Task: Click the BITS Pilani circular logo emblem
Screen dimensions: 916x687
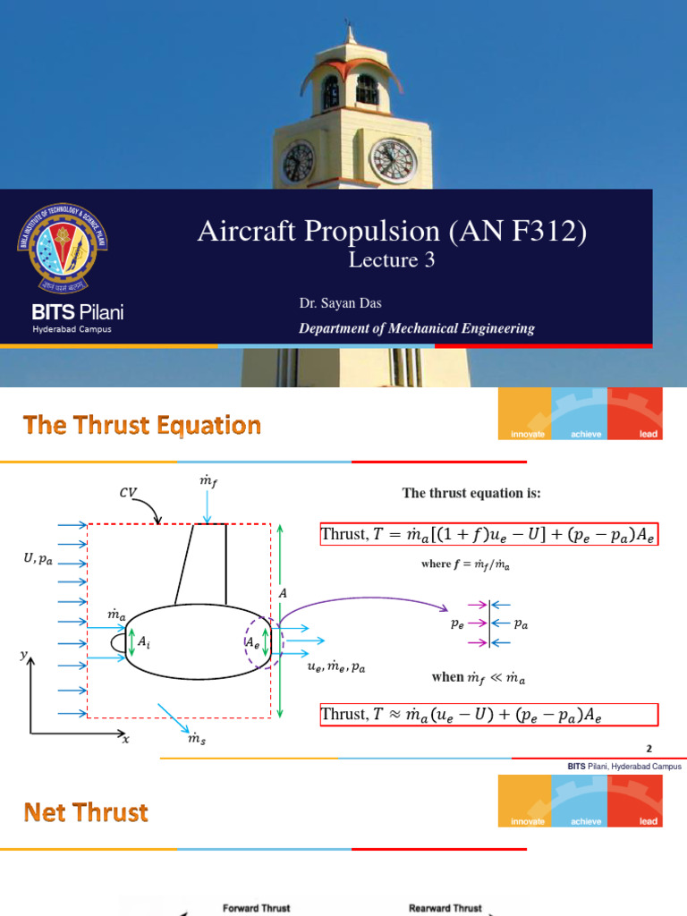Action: tap(62, 250)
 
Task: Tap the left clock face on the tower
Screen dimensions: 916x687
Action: tap(298, 162)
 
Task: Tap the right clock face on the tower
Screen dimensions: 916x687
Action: tap(394, 160)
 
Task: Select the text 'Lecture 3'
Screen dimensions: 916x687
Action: tap(383, 260)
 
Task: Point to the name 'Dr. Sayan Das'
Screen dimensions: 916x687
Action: tap(341, 304)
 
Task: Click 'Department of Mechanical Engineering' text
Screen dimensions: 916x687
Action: tap(416, 328)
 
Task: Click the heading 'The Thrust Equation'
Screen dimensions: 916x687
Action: tap(142, 425)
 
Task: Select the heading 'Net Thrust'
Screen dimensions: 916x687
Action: tap(86, 812)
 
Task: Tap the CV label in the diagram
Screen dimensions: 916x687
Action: tap(129, 492)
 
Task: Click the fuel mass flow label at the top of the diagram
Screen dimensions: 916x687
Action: tap(207, 483)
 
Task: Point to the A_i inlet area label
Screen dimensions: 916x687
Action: tap(141, 640)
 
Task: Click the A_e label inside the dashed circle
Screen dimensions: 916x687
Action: tap(254, 641)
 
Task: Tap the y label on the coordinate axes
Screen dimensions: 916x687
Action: tap(23, 656)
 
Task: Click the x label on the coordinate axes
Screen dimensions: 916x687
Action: tap(125, 740)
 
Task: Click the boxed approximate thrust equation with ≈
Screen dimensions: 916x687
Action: tap(488, 714)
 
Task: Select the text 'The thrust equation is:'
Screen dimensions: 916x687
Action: tap(471, 493)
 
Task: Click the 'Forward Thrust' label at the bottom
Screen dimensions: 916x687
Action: tap(256, 907)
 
